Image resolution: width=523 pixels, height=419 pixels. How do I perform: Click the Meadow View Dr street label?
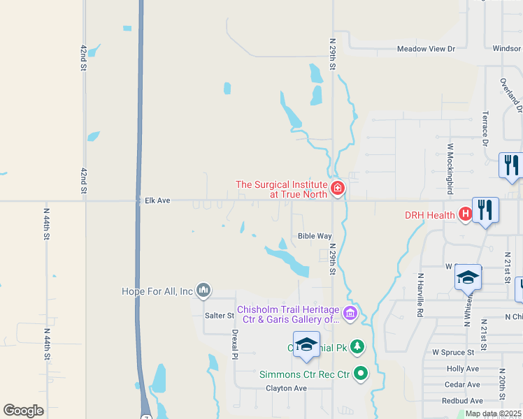[x=426, y=49]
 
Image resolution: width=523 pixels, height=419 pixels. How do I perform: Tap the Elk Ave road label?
[x=157, y=200]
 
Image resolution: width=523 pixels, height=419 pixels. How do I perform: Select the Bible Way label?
[x=315, y=236]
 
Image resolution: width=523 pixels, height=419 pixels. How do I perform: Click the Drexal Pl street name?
[x=236, y=344]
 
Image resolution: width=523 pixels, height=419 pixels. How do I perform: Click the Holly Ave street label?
[x=462, y=369]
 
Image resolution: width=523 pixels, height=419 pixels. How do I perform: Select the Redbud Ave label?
[x=462, y=401]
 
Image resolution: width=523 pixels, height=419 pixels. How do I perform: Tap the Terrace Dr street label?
[x=485, y=128]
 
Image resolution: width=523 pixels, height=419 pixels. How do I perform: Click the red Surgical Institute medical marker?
[x=338, y=188]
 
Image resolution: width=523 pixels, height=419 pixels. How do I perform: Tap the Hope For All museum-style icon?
[x=203, y=289]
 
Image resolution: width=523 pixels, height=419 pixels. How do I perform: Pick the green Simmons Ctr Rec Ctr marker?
[x=361, y=374]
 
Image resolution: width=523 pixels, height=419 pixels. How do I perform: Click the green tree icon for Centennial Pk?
[x=357, y=346]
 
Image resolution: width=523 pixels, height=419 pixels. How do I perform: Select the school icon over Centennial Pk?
[x=306, y=344]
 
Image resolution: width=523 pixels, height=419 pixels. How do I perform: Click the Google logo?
[x=23, y=411]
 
